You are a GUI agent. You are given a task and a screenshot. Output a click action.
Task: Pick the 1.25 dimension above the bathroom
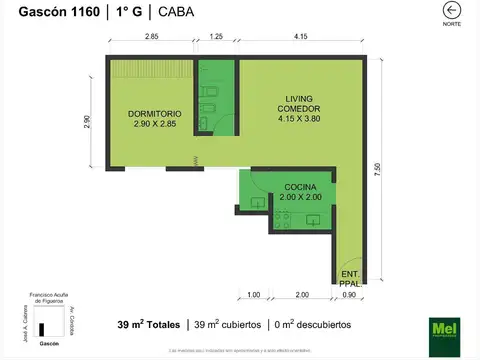point(217,37)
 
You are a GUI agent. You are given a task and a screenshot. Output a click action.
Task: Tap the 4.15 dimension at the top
point(300,37)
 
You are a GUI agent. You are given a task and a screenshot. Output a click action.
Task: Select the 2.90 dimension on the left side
point(88,122)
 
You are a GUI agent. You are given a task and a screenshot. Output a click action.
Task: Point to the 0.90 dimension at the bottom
point(349,295)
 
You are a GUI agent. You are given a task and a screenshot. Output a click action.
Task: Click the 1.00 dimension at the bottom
point(253,295)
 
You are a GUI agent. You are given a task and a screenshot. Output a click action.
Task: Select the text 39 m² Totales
point(149,325)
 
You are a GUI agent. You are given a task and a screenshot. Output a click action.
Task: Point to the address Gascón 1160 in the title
point(48,12)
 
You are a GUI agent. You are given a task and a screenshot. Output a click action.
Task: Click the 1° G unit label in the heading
point(125,12)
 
